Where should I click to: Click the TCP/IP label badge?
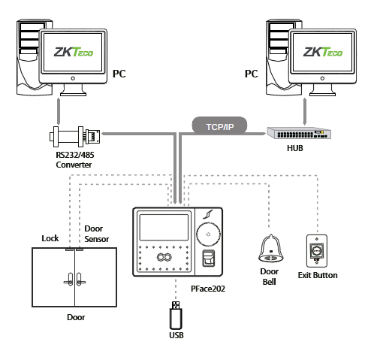[219, 126]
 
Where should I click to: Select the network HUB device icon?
[299, 133]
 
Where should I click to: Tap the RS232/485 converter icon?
[74, 136]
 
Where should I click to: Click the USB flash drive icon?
[176, 316]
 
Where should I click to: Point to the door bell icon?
[270, 249]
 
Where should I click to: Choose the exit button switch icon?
[317, 251]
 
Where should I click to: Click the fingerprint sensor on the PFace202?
[209, 259]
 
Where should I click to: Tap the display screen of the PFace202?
[164, 228]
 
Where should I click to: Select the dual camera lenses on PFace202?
[164, 257]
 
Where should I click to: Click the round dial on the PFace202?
[208, 234]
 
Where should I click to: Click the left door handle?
[69, 280]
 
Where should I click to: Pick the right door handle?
[80, 280]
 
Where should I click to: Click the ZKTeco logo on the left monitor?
[74, 52]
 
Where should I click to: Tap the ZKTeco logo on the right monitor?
[323, 52]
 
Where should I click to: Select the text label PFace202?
[208, 289]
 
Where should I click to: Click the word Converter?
[74, 165]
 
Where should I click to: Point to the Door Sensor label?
[97, 234]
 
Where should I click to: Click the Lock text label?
[50, 238]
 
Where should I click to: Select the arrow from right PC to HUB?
[305, 111]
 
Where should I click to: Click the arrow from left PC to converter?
[59, 111]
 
